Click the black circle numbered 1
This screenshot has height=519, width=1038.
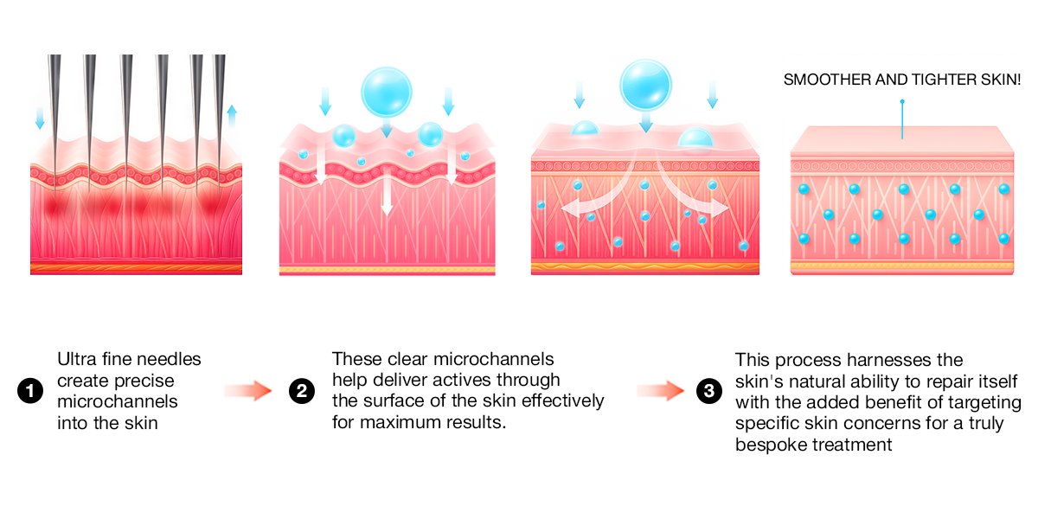(30, 391)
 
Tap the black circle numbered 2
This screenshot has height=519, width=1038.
(301, 391)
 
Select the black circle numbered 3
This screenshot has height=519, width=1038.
(708, 391)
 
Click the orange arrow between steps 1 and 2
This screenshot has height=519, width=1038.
(248, 391)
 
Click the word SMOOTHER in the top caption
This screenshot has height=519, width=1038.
(825, 80)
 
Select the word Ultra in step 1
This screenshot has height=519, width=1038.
(75, 359)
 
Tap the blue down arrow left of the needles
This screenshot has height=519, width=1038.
(39, 117)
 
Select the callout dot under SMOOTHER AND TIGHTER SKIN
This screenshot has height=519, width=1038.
(902, 102)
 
